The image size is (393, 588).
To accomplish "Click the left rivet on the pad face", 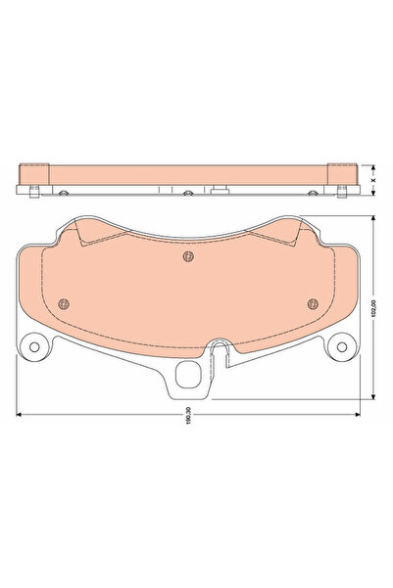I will pyautogui.click(x=63, y=302).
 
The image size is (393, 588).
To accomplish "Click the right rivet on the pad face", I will pyautogui.click(x=311, y=302).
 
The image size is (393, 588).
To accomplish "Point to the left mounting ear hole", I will pyautogui.click(x=35, y=347).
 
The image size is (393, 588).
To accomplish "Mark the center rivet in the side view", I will pyautogui.click(x=186, y=192).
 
